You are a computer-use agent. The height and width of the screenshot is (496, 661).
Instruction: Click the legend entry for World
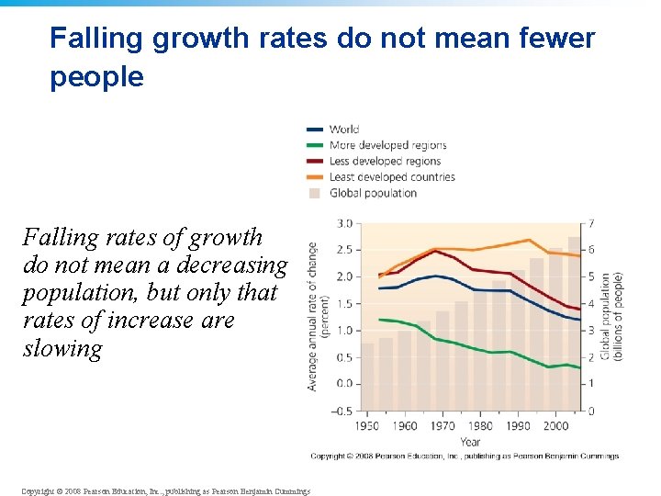(x=344, y=130)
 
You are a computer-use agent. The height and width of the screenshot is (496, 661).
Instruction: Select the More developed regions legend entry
(x=387, y=145)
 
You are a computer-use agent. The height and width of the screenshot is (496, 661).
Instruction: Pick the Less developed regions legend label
(x=386, y=161)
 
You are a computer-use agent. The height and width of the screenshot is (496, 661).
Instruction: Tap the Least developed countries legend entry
(x=391, y=176)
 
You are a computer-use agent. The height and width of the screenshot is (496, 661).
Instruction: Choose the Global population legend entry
(x=372, y=193)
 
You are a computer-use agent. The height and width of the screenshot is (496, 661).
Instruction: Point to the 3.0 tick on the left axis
(x=344, y=223)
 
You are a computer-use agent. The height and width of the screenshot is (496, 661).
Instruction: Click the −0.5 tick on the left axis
(x=341, y=411)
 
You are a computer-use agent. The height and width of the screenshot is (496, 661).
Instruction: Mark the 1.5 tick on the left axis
(x=344, y=303)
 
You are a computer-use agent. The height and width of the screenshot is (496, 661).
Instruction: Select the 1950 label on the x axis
(x=366, y=425)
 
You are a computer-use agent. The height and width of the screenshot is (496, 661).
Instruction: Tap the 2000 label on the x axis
(x=555, y=425)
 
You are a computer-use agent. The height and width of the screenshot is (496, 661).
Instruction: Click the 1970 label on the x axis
(x=442, y=425)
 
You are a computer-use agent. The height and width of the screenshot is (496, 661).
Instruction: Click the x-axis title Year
(x=469, y=442)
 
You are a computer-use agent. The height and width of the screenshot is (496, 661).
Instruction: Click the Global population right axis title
(x=611, y=316)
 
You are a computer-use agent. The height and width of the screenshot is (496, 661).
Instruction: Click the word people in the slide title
(x=96, y=77)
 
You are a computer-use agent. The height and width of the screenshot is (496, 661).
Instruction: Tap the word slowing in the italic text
(x=62, y=349)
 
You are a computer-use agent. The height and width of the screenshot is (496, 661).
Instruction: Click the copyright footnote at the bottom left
(x=164, y=491)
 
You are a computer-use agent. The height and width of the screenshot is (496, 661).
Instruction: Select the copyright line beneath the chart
(x=465, y=457)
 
